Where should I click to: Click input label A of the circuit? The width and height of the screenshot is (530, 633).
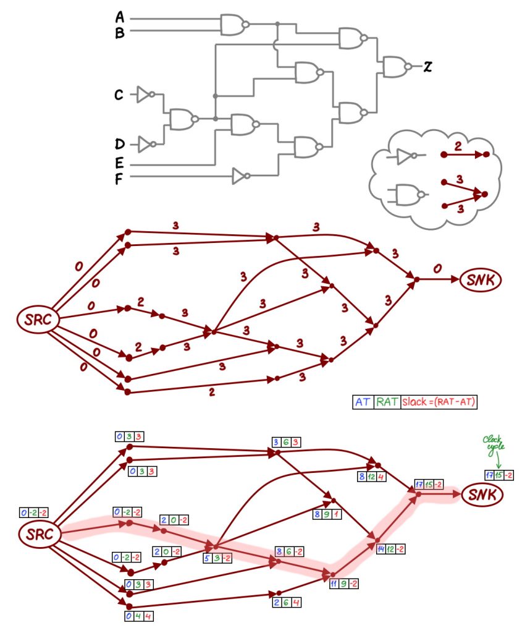click(119, 19)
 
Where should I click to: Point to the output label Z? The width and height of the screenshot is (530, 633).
click(426, 67)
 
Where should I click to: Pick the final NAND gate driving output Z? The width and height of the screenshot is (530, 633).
click(396, 66)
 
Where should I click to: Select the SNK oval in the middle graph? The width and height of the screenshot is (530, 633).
click(481, 279)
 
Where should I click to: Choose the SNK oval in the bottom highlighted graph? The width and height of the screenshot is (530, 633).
click(481, 495)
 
